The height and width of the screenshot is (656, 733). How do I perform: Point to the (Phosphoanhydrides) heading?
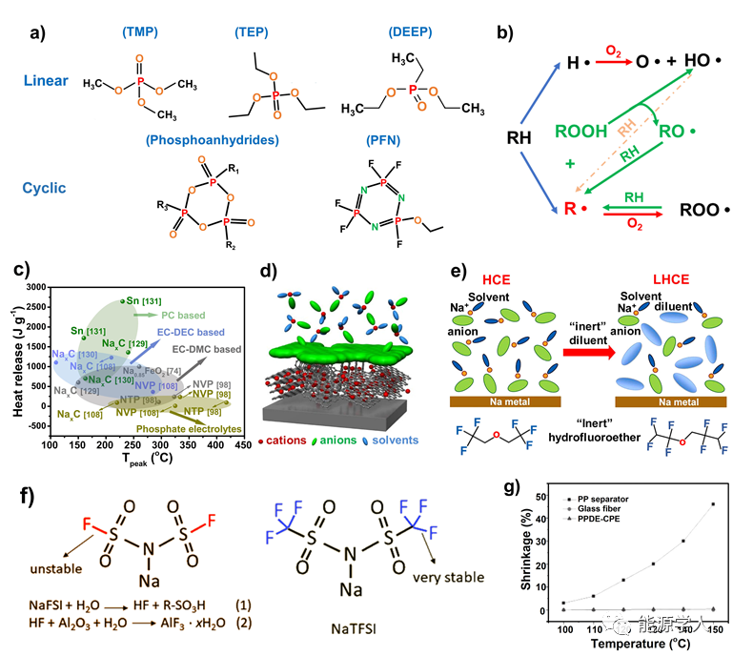213,140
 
